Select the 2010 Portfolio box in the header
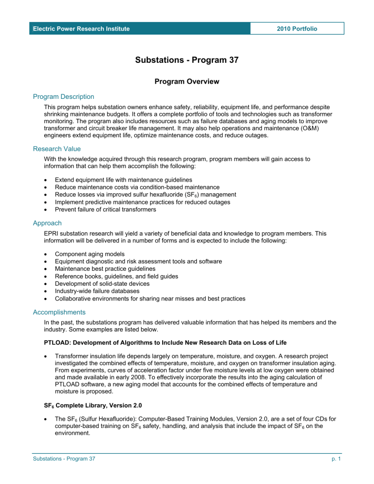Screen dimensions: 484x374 297,29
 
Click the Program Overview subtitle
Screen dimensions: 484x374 187,82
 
